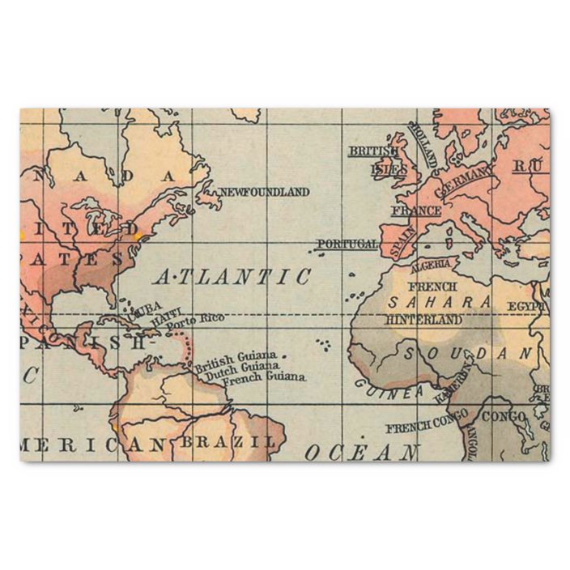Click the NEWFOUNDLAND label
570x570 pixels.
point(264,192)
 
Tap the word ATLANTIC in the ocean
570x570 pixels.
point(233,277)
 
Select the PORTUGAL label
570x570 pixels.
point(347,244)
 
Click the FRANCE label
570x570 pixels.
point(416,211)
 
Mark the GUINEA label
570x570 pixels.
point(388,386)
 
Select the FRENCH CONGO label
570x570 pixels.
point(426,422)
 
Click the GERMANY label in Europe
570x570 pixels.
point(464,181)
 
